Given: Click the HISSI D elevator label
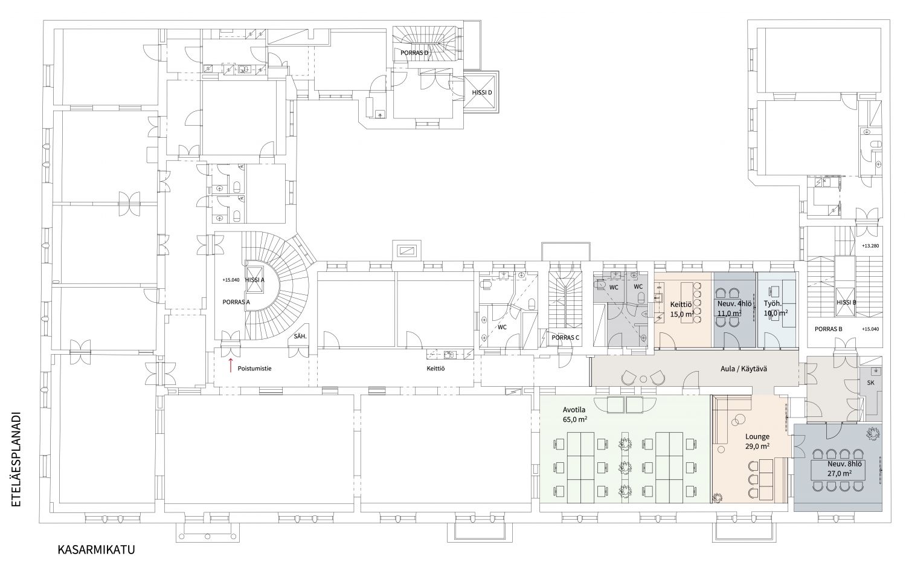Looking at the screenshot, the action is tap(482, 92).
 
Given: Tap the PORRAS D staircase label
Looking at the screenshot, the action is tap(414, 53).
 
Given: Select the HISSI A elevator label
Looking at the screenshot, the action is tap(255, 280).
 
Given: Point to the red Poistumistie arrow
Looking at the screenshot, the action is tap(231, 364).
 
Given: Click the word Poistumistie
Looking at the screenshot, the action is tap(254, 369).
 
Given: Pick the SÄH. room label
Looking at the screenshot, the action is tap(300, 337).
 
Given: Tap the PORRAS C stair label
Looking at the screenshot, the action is tap(565, 338).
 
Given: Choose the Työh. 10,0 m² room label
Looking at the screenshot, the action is tap(776, 308).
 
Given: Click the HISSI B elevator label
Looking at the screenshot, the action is tap(846, 302).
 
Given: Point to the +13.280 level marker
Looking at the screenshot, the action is tap(870, 246).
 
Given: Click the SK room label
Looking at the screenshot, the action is tap(871, 383).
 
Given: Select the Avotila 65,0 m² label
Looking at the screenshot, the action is tap(575, 415).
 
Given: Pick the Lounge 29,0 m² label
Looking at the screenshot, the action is tap(757, 441).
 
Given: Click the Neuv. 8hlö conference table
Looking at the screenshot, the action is tap(840, 470).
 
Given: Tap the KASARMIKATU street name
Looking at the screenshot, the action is tap(96, 550).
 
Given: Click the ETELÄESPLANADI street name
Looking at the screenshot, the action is tap(16, 459).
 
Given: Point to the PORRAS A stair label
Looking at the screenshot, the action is tap(236, 302).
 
